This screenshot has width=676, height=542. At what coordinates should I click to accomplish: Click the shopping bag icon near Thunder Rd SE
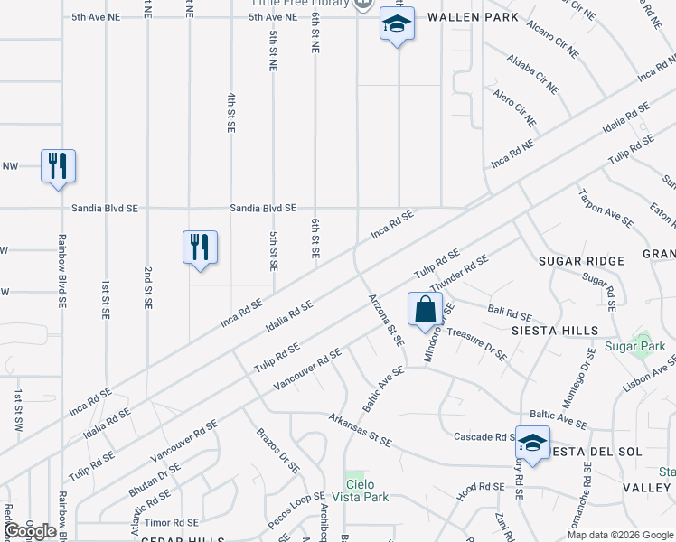(x=425, y=309)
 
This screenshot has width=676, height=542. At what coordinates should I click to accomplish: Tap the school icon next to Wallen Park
(x=397, y=25)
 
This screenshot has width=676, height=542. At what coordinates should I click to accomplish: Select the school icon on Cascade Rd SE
(x=533, y=444)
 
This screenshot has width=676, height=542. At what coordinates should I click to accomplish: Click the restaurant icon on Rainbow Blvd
(x=58, y=166)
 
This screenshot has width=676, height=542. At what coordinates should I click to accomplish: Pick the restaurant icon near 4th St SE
(x=200, y=248)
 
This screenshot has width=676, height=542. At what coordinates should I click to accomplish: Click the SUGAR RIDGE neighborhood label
(x=581, y=261)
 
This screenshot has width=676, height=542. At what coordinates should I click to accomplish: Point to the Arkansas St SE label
(x=360, y=431)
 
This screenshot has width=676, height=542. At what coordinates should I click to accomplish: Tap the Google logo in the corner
(x=31, y=531)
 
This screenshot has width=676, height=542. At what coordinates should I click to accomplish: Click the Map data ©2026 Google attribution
(x=619, y=535)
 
